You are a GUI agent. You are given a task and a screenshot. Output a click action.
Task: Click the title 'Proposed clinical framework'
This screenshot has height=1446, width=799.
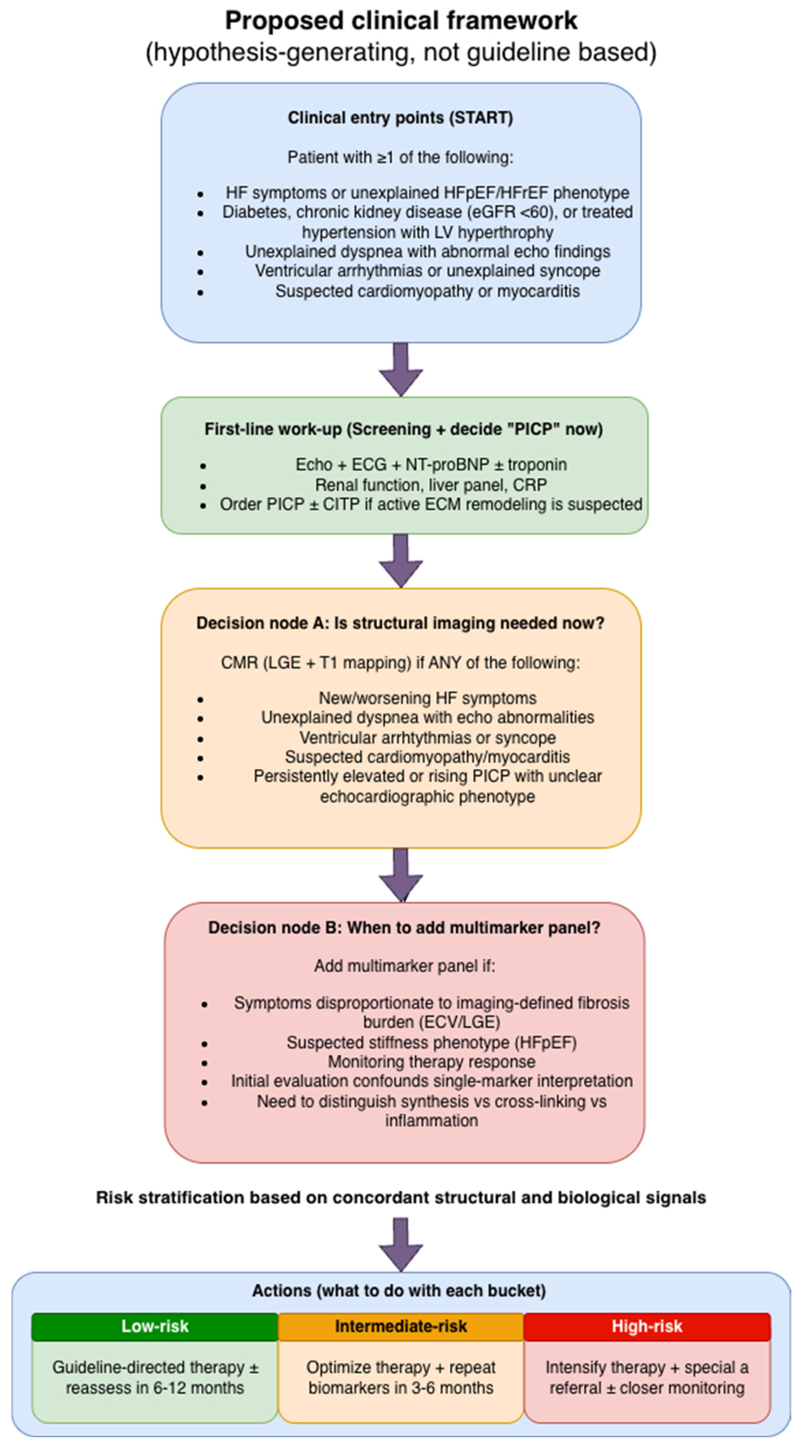tap(401, 21)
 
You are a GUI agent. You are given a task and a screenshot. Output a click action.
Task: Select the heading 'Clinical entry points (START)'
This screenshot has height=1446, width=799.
tap(400, 118)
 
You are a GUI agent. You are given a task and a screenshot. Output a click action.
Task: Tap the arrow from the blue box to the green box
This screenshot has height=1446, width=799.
tap(401, 369)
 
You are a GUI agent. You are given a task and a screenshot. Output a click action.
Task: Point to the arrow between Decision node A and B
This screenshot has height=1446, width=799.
tap(401, 875)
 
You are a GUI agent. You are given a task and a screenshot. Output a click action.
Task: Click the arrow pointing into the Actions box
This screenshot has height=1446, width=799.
tap(401, 1244)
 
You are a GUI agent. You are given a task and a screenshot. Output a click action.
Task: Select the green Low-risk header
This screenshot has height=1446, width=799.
tap(155, 1326)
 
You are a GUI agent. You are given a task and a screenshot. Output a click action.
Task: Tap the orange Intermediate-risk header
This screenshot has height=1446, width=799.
tap(401, 1326)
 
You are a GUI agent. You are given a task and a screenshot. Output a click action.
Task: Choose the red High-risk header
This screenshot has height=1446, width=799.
tap(647, 1326)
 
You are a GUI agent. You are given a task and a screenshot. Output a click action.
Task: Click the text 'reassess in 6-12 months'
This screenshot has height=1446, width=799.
tap(155, 1388)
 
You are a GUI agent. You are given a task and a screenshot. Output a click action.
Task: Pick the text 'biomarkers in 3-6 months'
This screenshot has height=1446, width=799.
tap(401, 1388)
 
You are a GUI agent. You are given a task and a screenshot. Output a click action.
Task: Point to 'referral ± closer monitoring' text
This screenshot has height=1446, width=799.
tap(647, 1388)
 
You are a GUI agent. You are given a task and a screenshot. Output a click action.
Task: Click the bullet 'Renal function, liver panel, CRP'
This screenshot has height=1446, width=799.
tap(431, 484)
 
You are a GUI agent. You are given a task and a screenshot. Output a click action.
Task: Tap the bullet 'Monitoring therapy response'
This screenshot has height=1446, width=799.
tap(431, 1062)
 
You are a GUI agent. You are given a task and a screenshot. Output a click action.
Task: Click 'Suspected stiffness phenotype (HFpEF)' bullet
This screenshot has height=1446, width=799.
tap(431, 1042)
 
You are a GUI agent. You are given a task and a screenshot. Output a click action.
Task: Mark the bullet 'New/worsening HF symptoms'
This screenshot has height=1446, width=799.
tap(427, 698)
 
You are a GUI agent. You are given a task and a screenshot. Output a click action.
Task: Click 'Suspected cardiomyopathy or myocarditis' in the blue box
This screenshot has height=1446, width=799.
tap(427, 291)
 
